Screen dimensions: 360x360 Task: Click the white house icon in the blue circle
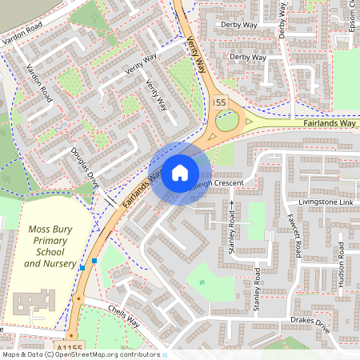tap(180, 172)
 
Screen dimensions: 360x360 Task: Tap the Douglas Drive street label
tap(86, 164)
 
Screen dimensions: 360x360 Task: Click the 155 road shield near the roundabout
tap(221, 102)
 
